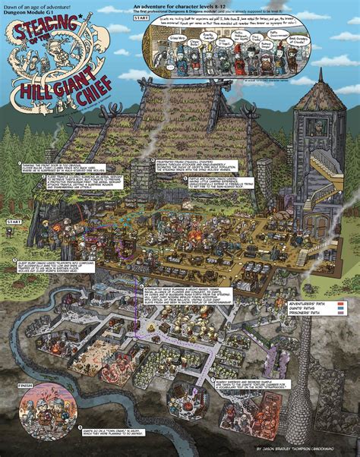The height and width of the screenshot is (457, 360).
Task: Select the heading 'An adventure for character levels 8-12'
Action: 183,6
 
